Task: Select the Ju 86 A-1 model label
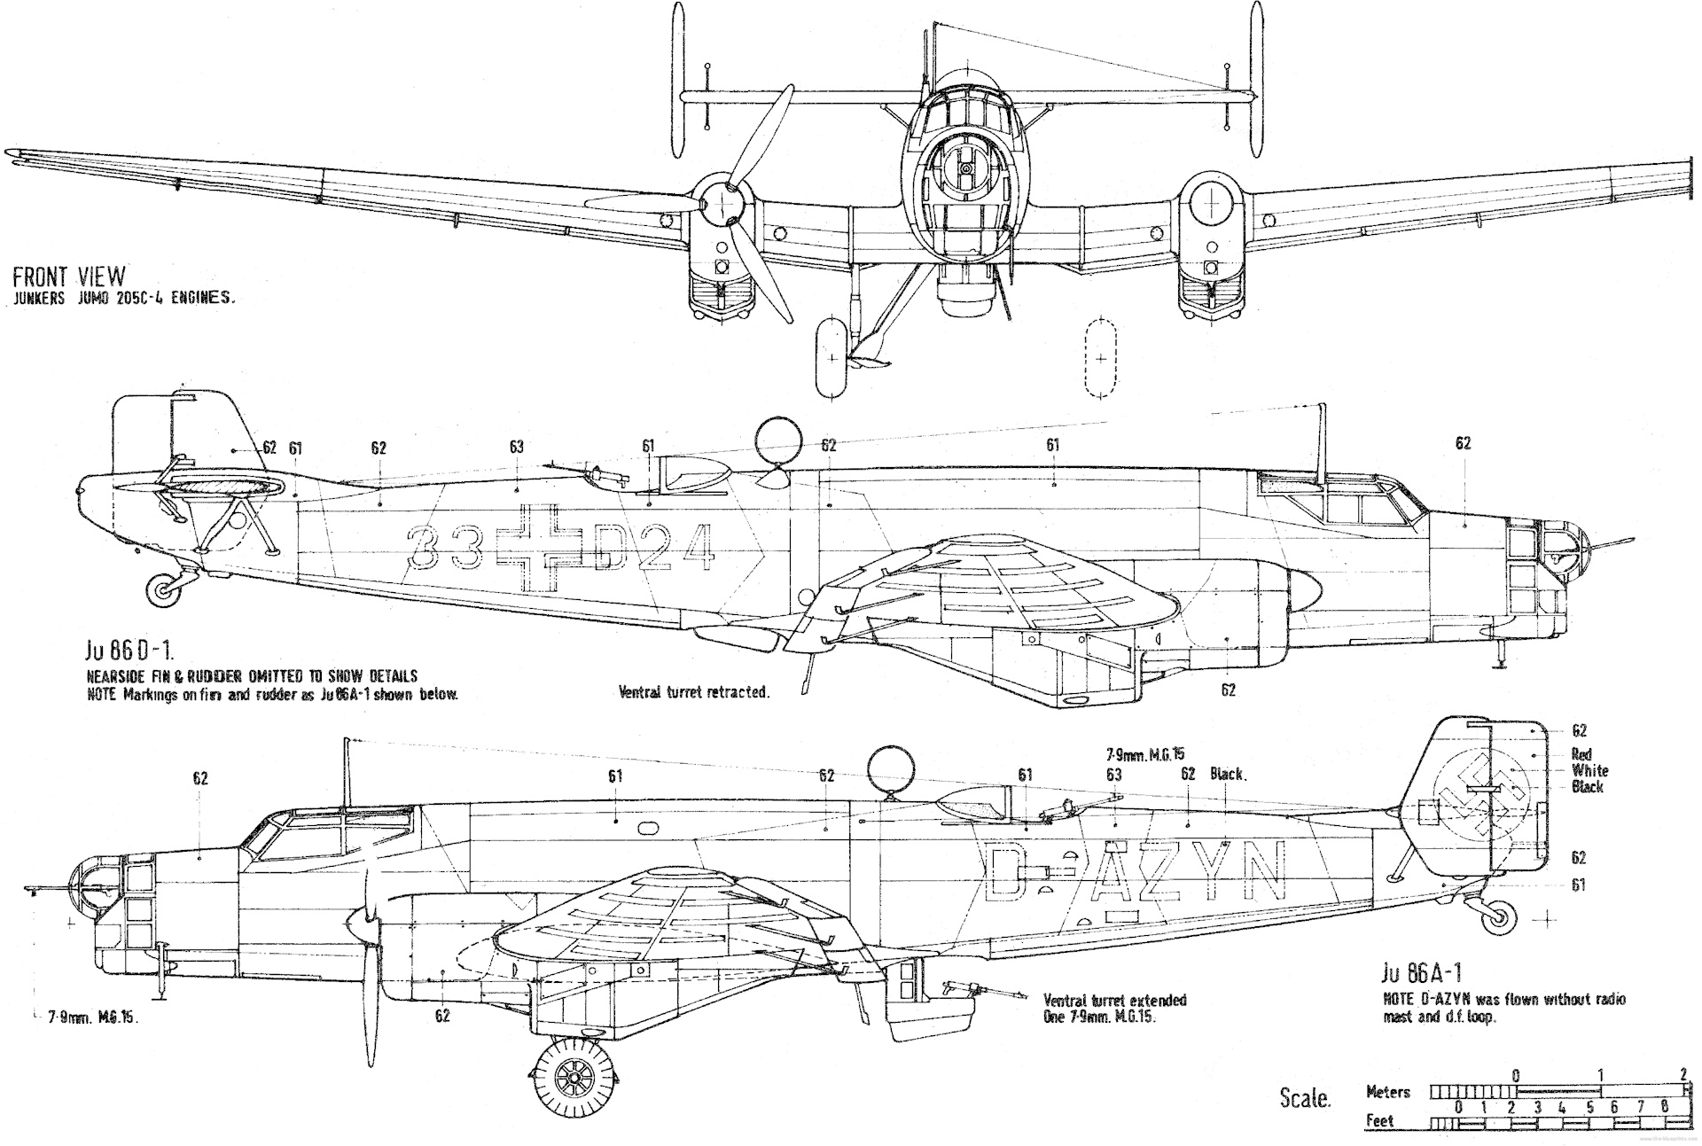point(1421,973)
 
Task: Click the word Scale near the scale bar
point(1305,1098)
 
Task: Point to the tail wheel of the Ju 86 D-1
point(164,589)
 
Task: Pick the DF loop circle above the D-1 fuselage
point(778,440)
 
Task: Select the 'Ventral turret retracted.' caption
point(693,692)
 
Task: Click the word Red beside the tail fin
point(1581,755)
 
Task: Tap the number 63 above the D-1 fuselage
point(516,447)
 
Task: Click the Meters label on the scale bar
point(1388,1092)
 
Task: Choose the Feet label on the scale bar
point(1379,1121)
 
